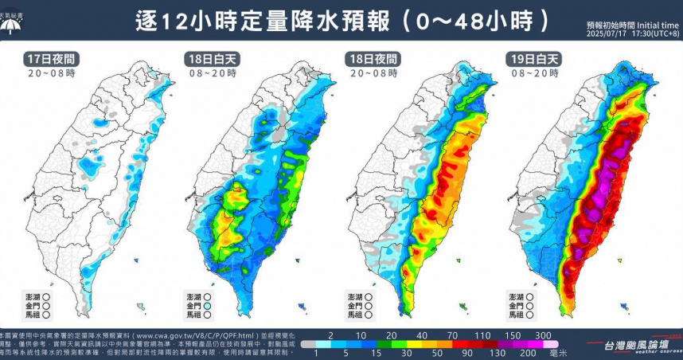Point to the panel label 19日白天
pos(532,59)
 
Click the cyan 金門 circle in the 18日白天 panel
pos(206,305)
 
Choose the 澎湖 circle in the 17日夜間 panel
pos(45,295)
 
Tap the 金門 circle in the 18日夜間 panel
pos(368,305)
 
